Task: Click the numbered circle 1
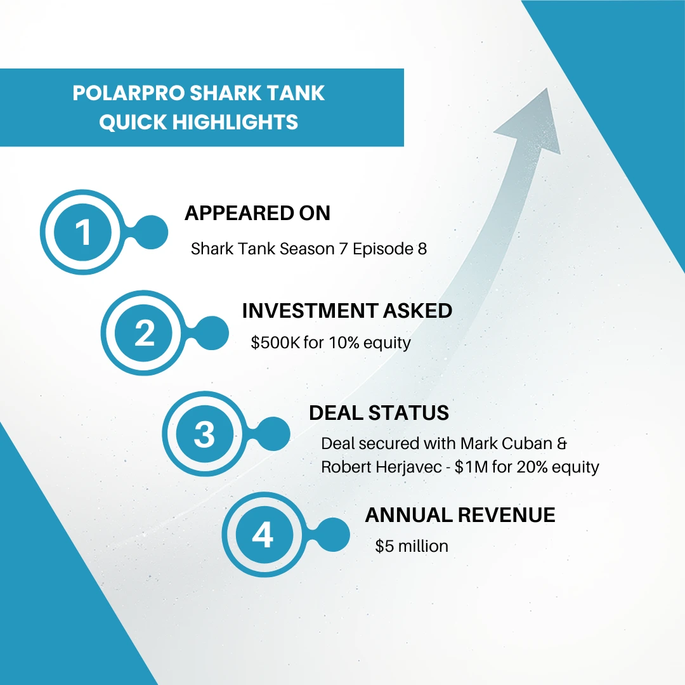tap(83, 232)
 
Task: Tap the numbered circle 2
tap(145, 333)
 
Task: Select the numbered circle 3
tap(204, 435)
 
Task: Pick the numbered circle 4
tap(263, 536)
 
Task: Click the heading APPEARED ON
tap(258, 214)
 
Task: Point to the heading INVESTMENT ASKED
tap(347, 311)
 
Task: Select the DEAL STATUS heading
tap(379, 413)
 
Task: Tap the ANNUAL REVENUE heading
tap(460, 515)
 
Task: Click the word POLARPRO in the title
tap(127, 93)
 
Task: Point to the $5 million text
tap(412, 546)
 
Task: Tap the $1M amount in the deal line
tap(506, 467)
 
